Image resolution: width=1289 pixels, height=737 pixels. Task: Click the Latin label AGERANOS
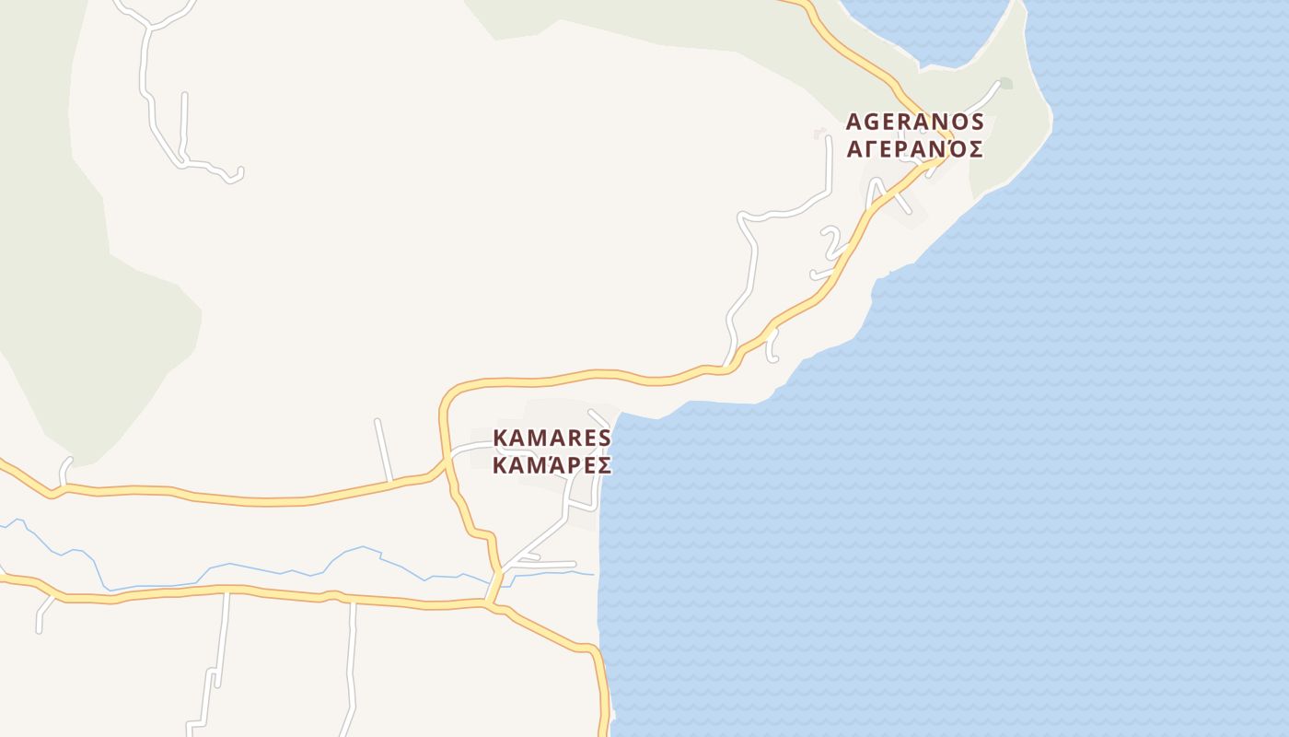click(914, 122)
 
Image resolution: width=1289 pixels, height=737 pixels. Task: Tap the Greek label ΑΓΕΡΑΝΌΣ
click(914, 149)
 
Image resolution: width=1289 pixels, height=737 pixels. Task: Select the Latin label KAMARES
click(552, 437)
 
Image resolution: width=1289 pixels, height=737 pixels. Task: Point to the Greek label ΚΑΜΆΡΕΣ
click(552, 465)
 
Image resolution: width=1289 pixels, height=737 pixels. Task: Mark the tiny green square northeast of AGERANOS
click(1006, 84)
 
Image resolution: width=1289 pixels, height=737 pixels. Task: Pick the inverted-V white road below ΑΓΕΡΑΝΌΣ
click(886, 193)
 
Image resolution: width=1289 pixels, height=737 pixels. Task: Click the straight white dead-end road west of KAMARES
click(383, 450)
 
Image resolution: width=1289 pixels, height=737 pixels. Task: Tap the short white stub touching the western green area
click(64, 469)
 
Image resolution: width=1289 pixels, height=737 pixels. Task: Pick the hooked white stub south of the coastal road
click(773, 345)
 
